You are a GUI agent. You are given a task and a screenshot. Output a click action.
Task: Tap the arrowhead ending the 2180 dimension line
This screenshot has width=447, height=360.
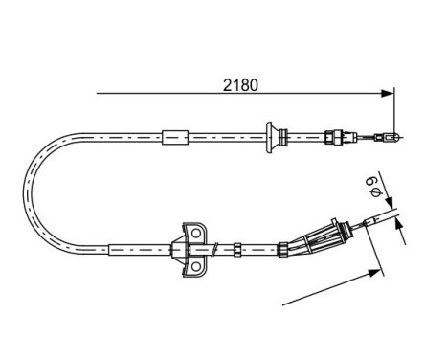(x=388, y=93)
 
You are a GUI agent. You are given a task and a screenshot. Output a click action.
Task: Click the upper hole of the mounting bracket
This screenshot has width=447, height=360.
(x=199, y=233)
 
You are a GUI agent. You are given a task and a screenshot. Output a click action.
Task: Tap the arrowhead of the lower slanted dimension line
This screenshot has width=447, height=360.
(x=371, y=273)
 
